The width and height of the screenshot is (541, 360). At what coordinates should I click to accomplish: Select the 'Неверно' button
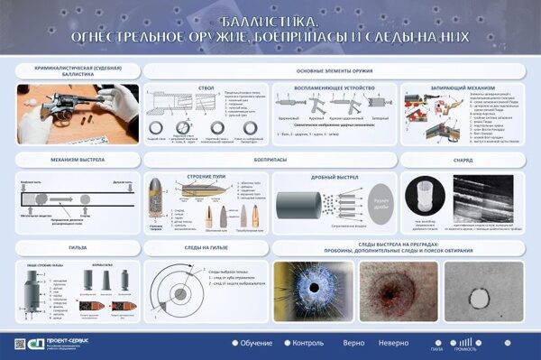point(393,343)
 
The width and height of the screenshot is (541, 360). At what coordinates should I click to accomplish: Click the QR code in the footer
point(518,343)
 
